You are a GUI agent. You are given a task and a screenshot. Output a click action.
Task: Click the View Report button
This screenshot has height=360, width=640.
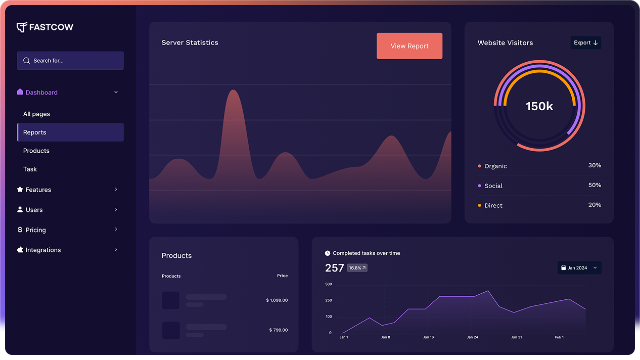coord(409,46)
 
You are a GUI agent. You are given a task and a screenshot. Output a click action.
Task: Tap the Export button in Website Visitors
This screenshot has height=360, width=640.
coord(585,43)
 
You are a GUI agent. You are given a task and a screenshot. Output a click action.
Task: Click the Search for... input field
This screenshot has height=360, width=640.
coord(70,61)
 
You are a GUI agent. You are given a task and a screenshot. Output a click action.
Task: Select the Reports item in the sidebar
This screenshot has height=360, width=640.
coord(70,132)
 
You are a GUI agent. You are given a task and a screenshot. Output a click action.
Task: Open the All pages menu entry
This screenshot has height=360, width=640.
coord(36,114)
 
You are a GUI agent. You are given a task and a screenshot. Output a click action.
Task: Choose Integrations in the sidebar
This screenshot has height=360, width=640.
coord(43,250)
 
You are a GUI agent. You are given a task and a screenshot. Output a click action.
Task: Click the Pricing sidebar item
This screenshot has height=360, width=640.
coord(35,230)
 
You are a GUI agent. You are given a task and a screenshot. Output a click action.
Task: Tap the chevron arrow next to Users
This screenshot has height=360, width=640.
coord(116,209)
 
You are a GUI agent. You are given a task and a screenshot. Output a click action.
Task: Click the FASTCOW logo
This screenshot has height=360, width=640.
coord(45,27)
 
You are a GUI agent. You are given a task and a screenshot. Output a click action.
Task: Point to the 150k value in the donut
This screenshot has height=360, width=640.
coord(539,106)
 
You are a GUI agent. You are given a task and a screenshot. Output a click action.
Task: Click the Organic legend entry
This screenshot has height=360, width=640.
coord(495,166)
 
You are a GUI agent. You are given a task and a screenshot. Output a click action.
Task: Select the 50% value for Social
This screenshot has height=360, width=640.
coord(595,185)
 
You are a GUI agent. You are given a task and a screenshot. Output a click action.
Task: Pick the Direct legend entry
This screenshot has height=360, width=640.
coord(493,206)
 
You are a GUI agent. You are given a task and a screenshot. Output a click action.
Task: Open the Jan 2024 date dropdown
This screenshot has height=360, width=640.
coord(579,268)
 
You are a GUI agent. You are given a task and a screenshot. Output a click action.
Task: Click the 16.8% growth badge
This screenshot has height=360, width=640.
coord(357,268)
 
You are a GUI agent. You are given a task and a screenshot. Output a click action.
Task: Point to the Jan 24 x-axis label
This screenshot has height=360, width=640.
coord(472,337)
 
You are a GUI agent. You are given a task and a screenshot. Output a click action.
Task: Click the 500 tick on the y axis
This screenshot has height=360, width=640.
coord(329,284)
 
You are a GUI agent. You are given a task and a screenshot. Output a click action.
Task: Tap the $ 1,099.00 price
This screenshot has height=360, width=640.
coord(277,300)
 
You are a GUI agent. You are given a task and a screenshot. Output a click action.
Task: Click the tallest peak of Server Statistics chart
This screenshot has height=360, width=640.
coord(233,91)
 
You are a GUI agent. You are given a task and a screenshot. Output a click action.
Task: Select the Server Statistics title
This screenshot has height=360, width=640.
coord(190,43)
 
